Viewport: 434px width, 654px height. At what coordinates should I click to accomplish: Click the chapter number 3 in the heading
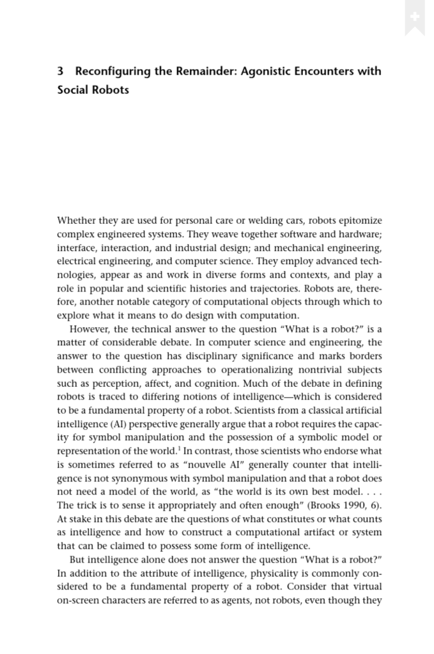60,71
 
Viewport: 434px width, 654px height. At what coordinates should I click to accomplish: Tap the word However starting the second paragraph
90,329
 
